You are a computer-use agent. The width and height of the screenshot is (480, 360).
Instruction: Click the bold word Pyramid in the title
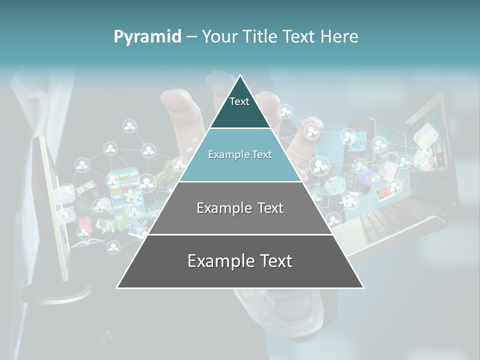click(x=147, y=36)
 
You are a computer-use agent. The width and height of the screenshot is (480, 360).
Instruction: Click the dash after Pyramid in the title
click(x=191, y=37)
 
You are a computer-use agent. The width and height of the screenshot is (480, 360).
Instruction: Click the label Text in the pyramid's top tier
click(x=239, y=101)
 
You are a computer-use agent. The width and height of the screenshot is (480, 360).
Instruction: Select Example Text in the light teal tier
click(x=240, y=154)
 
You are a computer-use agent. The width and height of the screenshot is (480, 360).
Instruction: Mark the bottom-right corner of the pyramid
click(x=363, y=287)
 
